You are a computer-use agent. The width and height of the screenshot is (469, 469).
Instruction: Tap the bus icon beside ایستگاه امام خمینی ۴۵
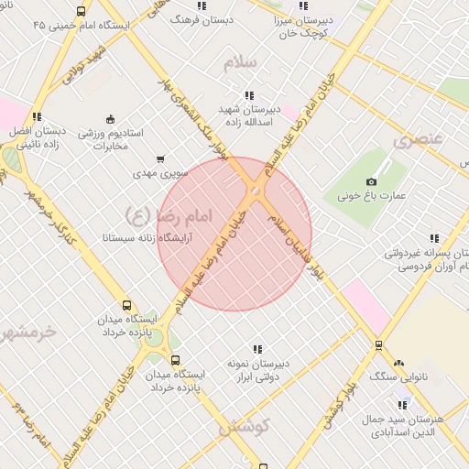[81, 12]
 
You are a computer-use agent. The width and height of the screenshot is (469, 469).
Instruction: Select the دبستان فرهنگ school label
[206, 18]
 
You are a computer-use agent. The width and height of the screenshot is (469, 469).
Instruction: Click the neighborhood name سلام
[241, 61]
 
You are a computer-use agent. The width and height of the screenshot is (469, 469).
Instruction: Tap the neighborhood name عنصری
[419, 140]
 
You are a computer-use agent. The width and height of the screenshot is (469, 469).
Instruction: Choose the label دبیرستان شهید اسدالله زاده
[250, 114]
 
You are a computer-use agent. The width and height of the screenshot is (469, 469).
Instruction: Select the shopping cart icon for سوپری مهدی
[162, 158]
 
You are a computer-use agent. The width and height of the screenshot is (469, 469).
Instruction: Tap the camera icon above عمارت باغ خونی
[370, 181]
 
